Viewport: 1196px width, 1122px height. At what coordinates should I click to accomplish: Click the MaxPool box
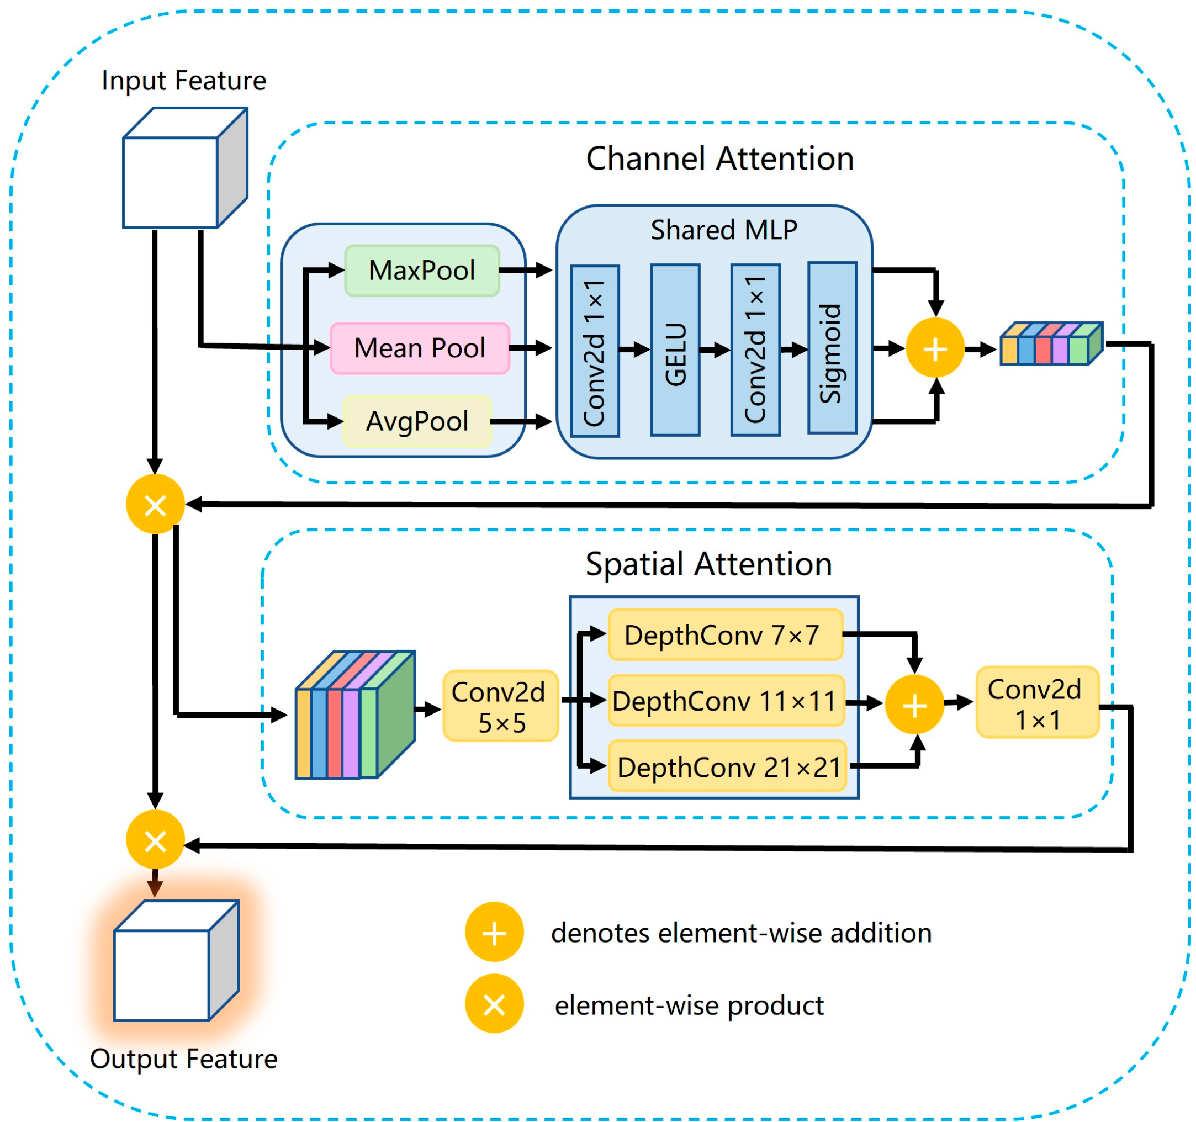[422, 271]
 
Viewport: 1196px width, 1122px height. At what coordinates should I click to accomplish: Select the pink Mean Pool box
[420, 348]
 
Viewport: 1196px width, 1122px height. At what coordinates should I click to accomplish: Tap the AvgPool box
[417, 421]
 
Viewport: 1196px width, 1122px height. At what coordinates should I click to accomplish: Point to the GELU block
[675, 350]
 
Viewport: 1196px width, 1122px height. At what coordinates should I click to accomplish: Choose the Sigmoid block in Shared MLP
[832, 348]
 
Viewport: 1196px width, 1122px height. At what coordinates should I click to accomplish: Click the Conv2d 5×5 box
[500, 706]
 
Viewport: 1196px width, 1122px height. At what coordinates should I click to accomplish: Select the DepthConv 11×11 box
[726, 701]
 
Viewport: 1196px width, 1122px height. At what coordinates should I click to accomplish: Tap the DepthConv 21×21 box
[727, 766]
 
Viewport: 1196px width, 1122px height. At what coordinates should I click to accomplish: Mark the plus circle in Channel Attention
[935, 348]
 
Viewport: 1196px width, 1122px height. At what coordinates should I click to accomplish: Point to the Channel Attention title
[719, 159]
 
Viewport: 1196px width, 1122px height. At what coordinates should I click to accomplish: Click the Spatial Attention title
[708, 564]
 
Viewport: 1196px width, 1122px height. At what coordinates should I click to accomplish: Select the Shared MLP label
[724, 230]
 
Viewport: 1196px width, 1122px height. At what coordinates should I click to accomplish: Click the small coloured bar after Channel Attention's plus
[1051, 345]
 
